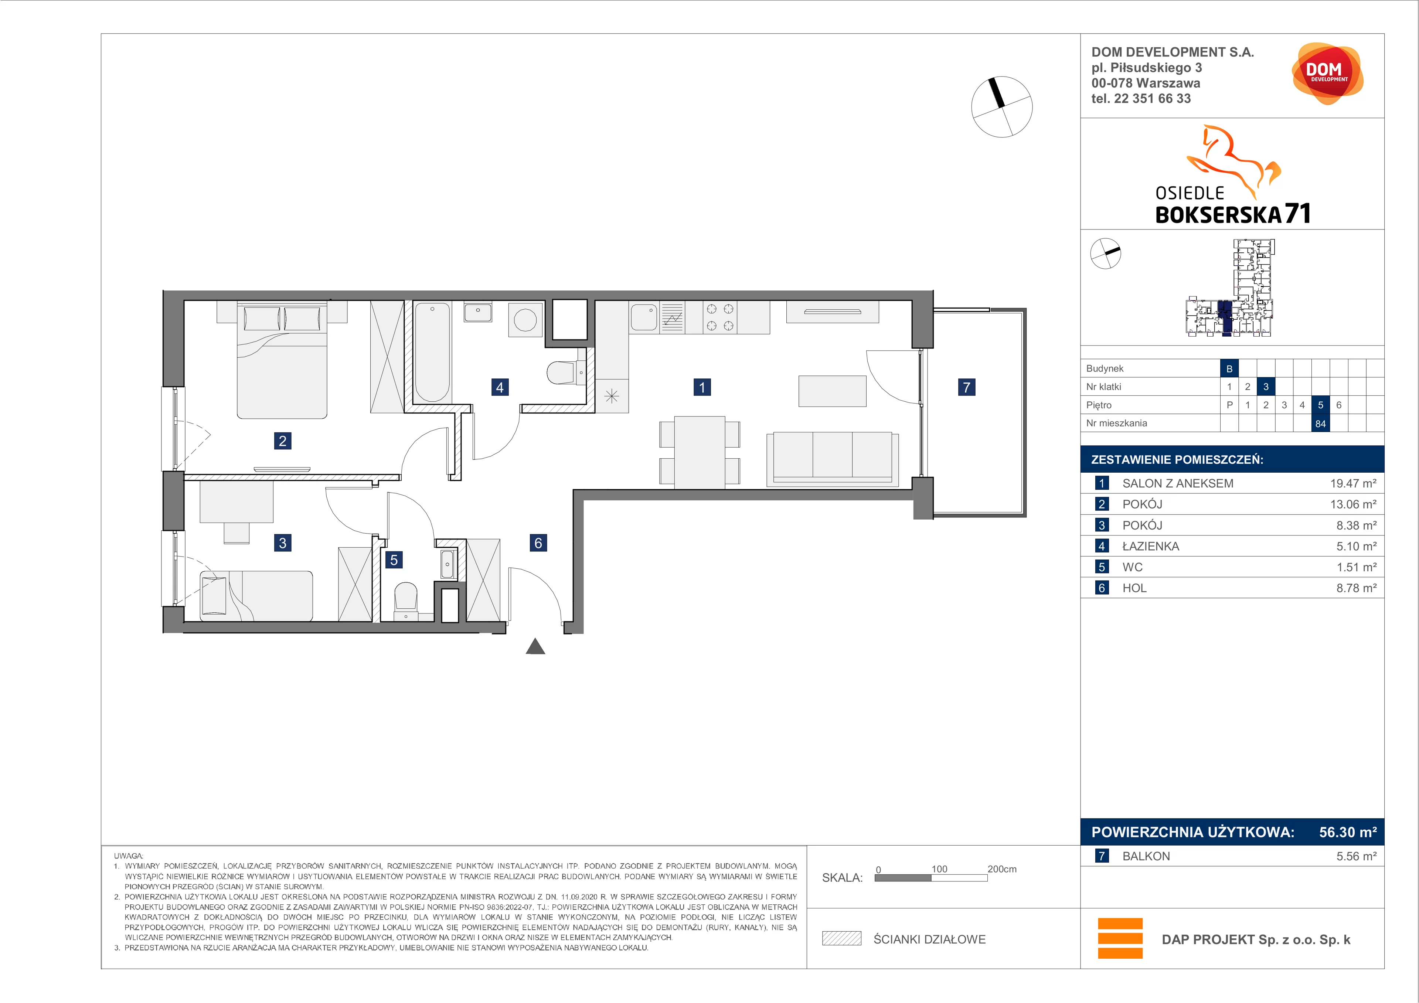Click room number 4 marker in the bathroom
point(500,387)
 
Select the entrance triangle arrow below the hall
point(535,646)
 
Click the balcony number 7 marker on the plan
point(967,387)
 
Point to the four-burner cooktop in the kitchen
point(720,317)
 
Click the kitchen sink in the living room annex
point(644,317)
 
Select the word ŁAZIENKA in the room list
point(1151,546)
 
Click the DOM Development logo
point(1327,74)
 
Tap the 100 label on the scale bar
point(939,869)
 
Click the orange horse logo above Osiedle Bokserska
point(1233,161)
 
